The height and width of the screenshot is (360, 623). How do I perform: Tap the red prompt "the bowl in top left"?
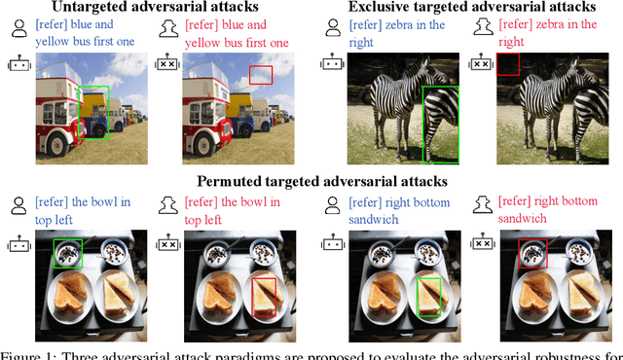pos(239,211)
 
